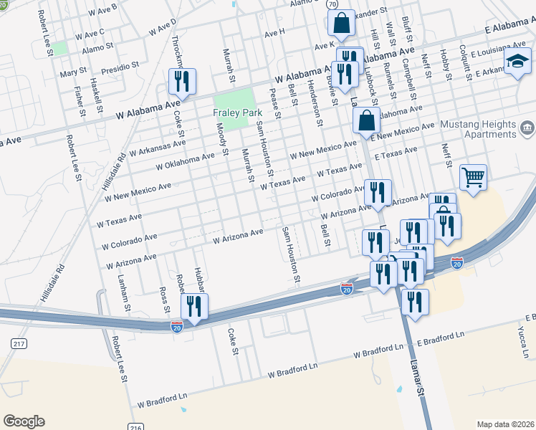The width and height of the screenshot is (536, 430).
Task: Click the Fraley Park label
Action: click(234, 113)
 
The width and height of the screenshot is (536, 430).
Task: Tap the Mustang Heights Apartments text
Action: click(482, 129)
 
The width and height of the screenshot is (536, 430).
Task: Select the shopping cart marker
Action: click(473, 176)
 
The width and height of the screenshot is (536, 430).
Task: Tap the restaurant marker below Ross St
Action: click(195, 307)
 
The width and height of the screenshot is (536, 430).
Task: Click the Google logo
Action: click(24, 421)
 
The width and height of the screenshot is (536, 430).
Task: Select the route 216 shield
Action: click(135, 426)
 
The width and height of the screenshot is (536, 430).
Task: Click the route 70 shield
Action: click(332, 4)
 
